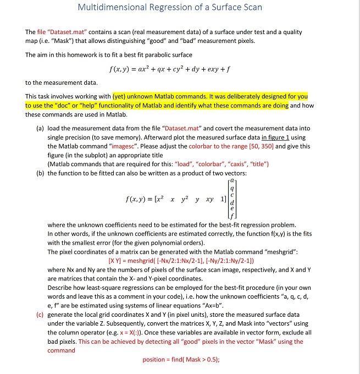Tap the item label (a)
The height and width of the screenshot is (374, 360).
point(40,128)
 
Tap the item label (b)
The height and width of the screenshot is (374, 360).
point(40,173)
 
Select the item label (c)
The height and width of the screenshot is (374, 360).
point(40,315)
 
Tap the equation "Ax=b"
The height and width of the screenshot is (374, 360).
point(218,305)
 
